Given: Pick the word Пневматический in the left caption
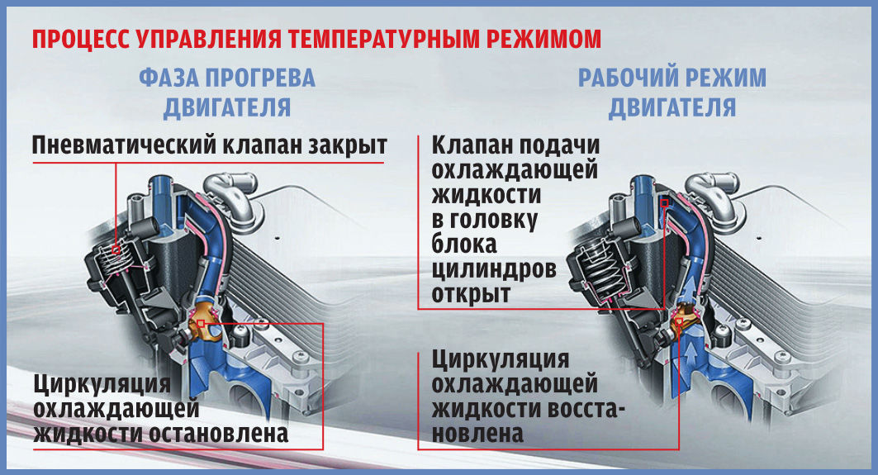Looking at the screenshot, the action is click(124, 145).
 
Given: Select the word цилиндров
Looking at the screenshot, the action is click(494, 269).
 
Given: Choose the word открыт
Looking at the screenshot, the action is click(471, 294).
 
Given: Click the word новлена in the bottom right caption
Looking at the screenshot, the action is click(477, 434).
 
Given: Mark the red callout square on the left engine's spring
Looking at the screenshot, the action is click(116, 249).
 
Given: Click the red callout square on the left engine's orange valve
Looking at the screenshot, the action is click(201, 323).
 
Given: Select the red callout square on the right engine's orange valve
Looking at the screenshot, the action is click(679, 321).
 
